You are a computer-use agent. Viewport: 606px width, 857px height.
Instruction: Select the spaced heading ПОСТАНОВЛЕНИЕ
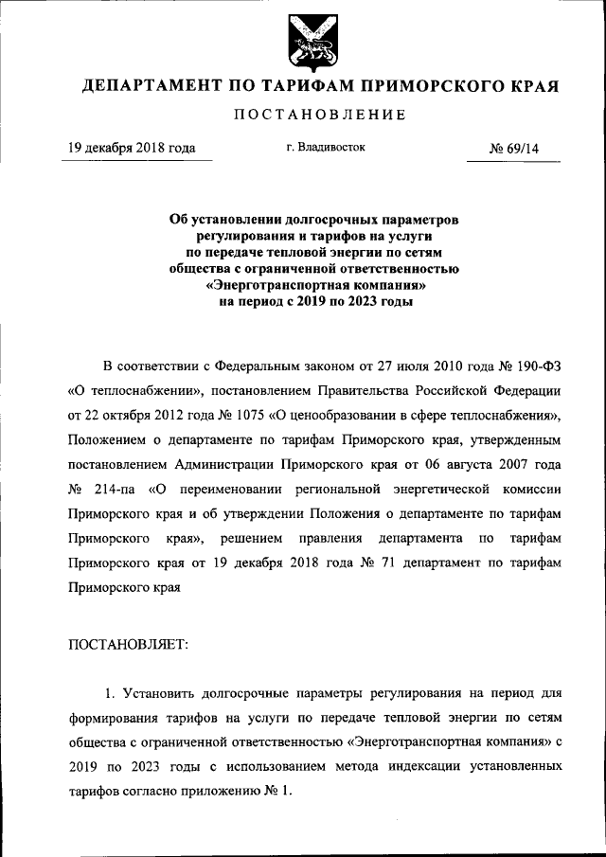(303, 116)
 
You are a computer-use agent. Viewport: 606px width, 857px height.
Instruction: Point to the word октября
(136, 415)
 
